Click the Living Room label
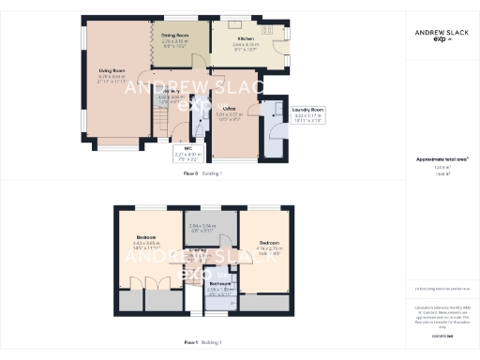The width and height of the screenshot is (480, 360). tap(112, 69)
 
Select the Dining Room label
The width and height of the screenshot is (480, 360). tap(175, 35)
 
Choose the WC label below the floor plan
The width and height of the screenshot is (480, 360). tap(187, 148)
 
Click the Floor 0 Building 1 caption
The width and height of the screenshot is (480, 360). tap(202, 174)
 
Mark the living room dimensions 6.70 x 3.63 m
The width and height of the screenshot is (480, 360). tap(112, 76)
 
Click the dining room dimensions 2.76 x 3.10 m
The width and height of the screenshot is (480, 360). tap(175, 41)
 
